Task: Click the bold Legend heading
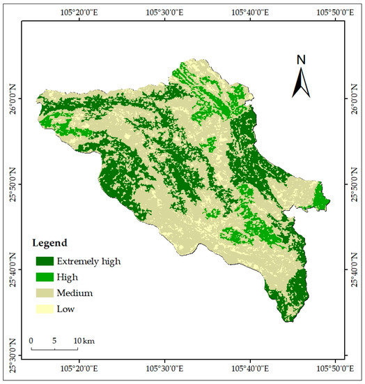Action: [49, 244]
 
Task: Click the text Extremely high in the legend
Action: [90, 261]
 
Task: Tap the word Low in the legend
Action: [67, 309]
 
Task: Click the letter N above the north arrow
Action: [301, 60]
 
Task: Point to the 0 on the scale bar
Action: [32, 340]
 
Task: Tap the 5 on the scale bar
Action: [54, 340]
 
